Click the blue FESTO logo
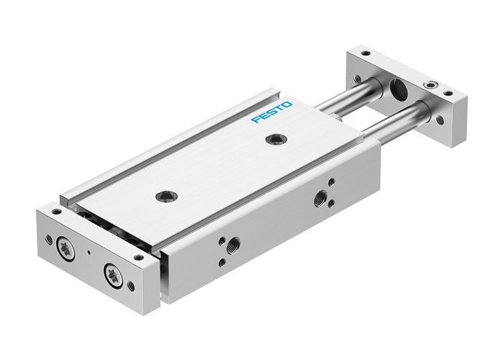pos(272,112)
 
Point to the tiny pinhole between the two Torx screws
pos(88,254)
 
